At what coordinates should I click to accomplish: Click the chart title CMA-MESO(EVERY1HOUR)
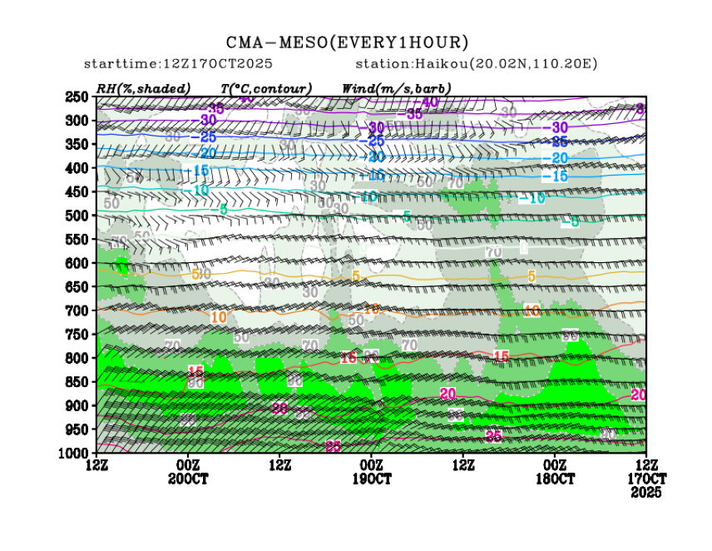347,42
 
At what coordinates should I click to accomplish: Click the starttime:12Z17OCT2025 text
178,64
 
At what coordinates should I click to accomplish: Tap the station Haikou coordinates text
477,64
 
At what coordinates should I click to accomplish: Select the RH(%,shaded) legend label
143,88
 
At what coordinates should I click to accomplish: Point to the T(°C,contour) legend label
266,88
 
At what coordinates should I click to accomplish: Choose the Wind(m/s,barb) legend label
396,88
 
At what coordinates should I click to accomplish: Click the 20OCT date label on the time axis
188,479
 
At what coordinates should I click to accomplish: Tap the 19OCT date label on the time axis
371,479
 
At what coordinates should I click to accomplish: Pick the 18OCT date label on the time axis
555,479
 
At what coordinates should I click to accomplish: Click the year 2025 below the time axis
646,493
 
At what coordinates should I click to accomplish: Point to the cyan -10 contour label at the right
532,198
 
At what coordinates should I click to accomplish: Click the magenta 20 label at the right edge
639,395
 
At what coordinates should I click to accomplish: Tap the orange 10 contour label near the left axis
219,317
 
